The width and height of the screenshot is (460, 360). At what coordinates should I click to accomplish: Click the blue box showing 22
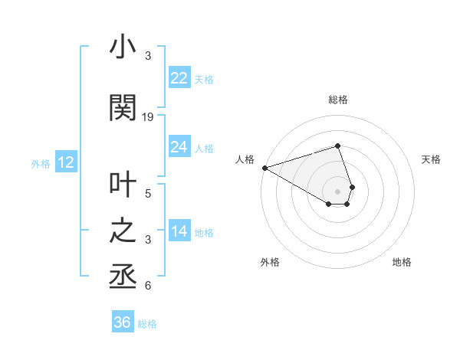tap(179, 78)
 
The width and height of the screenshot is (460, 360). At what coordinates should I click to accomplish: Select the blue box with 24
tap(179, 147)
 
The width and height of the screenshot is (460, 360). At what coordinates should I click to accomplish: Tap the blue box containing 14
tap(179, 232)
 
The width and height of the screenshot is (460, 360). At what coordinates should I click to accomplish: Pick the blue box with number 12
tap(65, 162)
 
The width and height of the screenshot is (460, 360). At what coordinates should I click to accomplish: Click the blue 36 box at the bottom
tap(122, 322)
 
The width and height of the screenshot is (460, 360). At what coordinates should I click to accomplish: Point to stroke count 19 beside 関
tap(148, 116)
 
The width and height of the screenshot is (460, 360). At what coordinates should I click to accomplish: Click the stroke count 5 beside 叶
tap(148, 193)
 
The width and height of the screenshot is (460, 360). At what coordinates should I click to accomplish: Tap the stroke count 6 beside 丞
tap(148, 286)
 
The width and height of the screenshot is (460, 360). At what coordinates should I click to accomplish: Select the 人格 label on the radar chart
tap(245, 159)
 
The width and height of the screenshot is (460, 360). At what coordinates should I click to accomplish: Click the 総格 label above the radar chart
tap(337, 100)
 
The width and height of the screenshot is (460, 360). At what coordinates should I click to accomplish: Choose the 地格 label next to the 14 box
tap(204, 233)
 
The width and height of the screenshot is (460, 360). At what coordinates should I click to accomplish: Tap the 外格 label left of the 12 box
tap(40, 163)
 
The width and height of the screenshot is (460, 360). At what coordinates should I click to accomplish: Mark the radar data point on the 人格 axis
tap(264, 168)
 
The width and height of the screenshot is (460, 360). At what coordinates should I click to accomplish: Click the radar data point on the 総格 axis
tap(337, 146)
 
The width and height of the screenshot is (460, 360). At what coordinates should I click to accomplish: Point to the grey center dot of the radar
tap(337, 190)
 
